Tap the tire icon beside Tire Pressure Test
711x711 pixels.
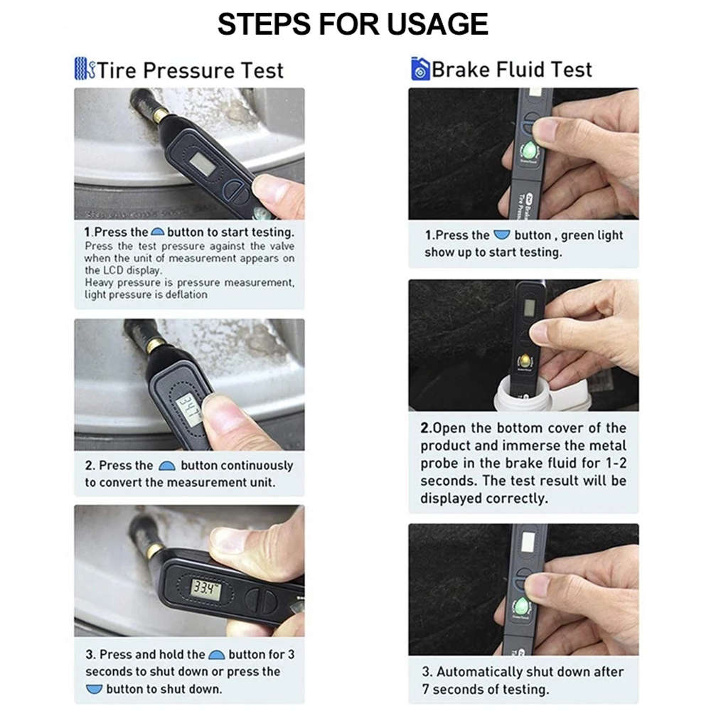[x=84, y=69]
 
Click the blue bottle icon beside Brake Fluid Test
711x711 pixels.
[x=419, y=69]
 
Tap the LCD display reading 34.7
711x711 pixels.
[x=188, y=409]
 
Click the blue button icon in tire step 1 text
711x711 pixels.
[x=158, y=232]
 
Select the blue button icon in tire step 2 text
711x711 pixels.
[x=167, y=466]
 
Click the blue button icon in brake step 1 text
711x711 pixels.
[x=502, y=235]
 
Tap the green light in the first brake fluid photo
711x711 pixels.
[x=530, y=150]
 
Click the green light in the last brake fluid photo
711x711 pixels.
[x=523, y=606]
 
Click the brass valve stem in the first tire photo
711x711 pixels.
[x=161, y=114]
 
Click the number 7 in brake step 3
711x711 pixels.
[x=426, y=690]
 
